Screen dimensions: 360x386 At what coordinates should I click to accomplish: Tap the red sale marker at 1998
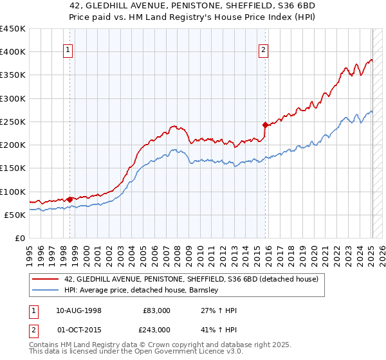coord(69,199)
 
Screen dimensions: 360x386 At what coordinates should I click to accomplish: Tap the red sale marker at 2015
coord(265,125)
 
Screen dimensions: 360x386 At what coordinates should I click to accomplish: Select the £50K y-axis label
coord(15,215)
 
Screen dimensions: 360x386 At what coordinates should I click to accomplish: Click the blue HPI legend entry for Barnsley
coord(142,291)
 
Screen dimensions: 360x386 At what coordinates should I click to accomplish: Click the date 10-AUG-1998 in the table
coord(78,310)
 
